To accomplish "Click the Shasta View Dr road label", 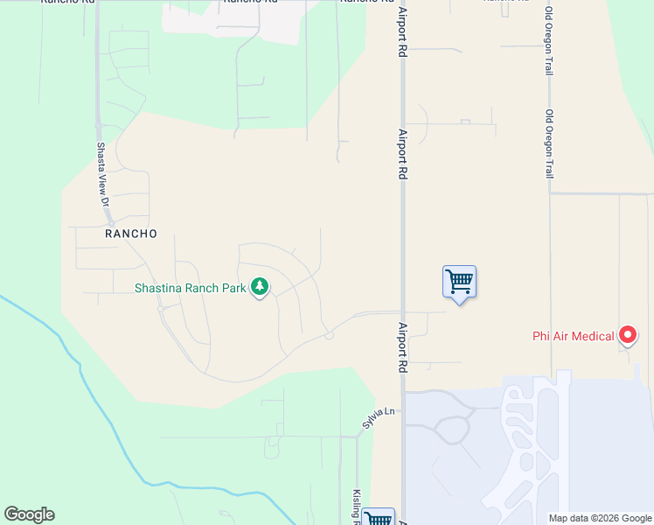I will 102,175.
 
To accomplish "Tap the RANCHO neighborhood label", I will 131,234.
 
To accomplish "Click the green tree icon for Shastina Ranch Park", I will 260,286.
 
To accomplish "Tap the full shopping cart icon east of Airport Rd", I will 459,282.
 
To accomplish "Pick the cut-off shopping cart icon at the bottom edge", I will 379,518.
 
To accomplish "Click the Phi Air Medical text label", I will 574,335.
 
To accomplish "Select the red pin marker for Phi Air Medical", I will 628,334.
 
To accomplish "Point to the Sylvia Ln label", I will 379,417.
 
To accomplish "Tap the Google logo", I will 29,514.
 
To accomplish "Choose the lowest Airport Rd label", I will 403,348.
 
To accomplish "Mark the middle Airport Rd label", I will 403,155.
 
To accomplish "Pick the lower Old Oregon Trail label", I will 549,144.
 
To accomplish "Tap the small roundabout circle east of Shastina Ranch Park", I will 329,335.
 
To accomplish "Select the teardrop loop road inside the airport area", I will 453,430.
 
